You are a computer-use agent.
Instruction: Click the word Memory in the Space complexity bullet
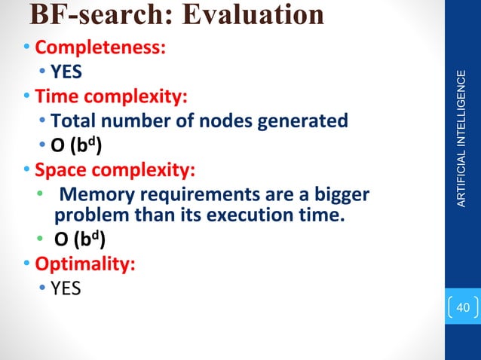(92, 195)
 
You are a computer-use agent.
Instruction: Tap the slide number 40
(462, 308)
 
